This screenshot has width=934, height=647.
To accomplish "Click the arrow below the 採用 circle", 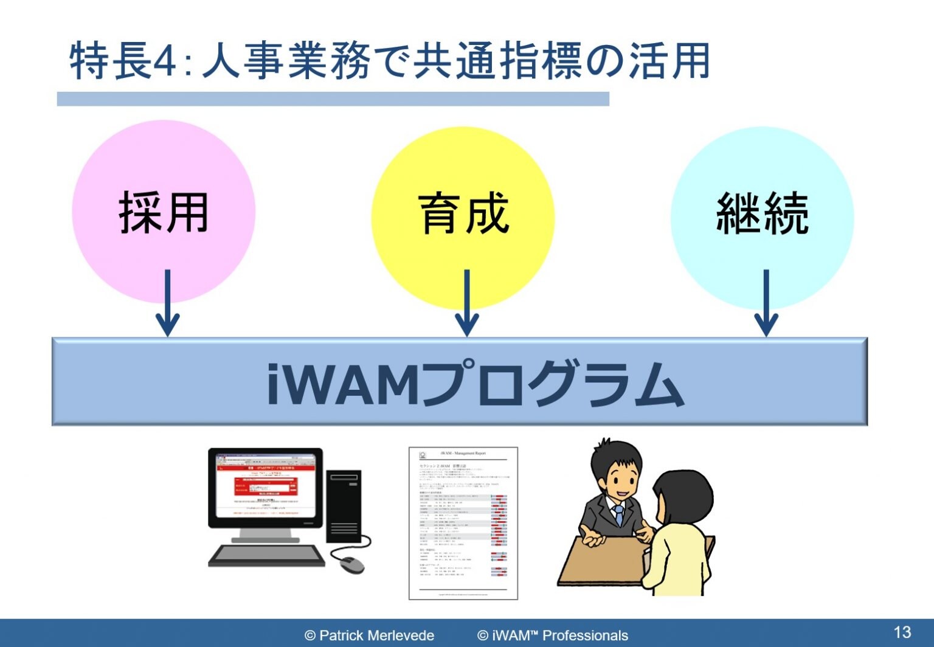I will click(x=167, y=304).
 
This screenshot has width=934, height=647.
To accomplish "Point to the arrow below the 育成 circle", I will click(x=466, y=304).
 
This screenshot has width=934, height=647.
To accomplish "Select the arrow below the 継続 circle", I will click(x=766, y=304).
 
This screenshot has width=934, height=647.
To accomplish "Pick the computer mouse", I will click(x=351, y=564).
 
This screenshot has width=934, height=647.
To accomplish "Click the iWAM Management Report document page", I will click(x=463, y=523).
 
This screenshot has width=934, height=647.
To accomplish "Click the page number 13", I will click(x=902, y=632).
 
